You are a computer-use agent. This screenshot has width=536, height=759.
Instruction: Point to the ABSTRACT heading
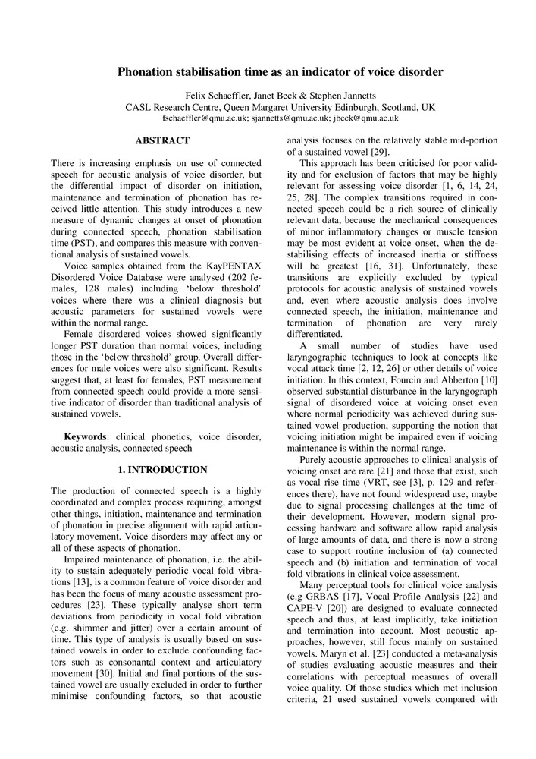(162, 140)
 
